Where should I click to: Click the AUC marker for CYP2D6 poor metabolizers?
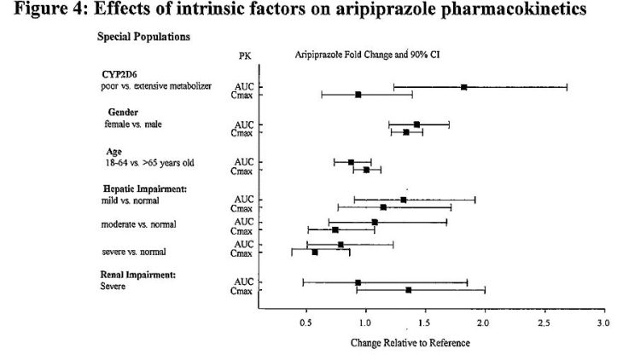(x=463, y=87)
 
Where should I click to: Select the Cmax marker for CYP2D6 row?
(x=358, y=95)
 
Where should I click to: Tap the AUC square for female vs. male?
(x=416, y=125)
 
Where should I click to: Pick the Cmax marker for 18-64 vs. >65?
(x=366, y=170)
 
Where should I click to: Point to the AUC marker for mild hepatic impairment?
(x=404, y=200)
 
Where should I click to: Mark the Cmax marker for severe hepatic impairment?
(x=315, y=253)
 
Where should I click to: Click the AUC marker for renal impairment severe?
(x=358, y=282)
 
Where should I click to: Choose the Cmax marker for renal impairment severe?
(x=409, y=290)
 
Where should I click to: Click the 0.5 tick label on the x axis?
(x=306, y=323)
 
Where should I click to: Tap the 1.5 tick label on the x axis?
(x=424, y=323)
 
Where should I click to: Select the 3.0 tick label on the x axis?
(x=603, y=323)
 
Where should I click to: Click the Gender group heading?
(x=124, y=113)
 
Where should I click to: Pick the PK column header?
(x=244, y=55)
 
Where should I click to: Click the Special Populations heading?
(x=143, y=37)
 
